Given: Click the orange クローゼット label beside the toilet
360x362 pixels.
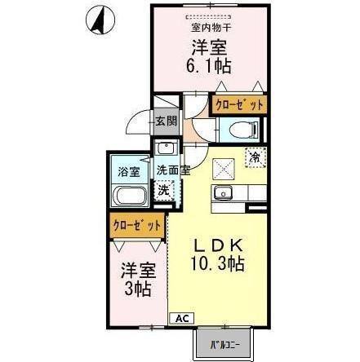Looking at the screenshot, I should pos(238,104).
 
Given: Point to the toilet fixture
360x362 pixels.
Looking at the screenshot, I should pos(243,128).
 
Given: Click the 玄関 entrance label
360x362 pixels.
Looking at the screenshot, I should pos(164,122).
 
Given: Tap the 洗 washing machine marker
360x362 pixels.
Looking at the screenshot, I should pos(164,189).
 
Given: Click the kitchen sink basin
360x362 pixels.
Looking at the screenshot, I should pos(224,193).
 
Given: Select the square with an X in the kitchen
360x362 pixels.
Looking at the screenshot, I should pos(223,168).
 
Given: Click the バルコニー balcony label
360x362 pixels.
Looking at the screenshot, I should pos(221,346).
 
